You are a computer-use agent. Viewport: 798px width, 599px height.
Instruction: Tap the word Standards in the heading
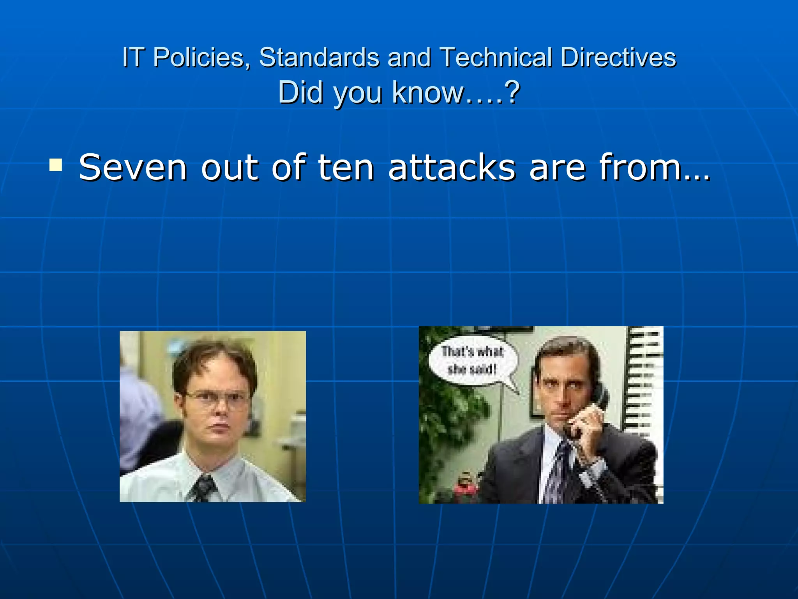coord(319,57)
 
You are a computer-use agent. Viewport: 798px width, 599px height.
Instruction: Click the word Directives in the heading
coord(618,57)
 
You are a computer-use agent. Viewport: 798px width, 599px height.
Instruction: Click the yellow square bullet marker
coord(56,165)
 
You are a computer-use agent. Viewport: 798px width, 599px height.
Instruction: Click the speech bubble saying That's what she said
coord(473,360)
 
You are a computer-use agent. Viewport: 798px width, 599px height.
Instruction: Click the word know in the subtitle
coord(429,92)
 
